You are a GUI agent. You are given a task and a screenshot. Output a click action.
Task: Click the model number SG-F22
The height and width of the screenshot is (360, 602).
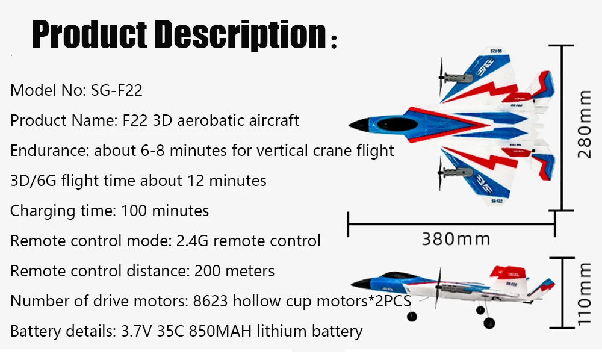coord(117,91)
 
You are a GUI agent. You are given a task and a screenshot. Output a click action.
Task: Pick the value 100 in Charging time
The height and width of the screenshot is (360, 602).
coord(132,211)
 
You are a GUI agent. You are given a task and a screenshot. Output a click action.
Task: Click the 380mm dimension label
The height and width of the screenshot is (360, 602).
coord(455,239)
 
